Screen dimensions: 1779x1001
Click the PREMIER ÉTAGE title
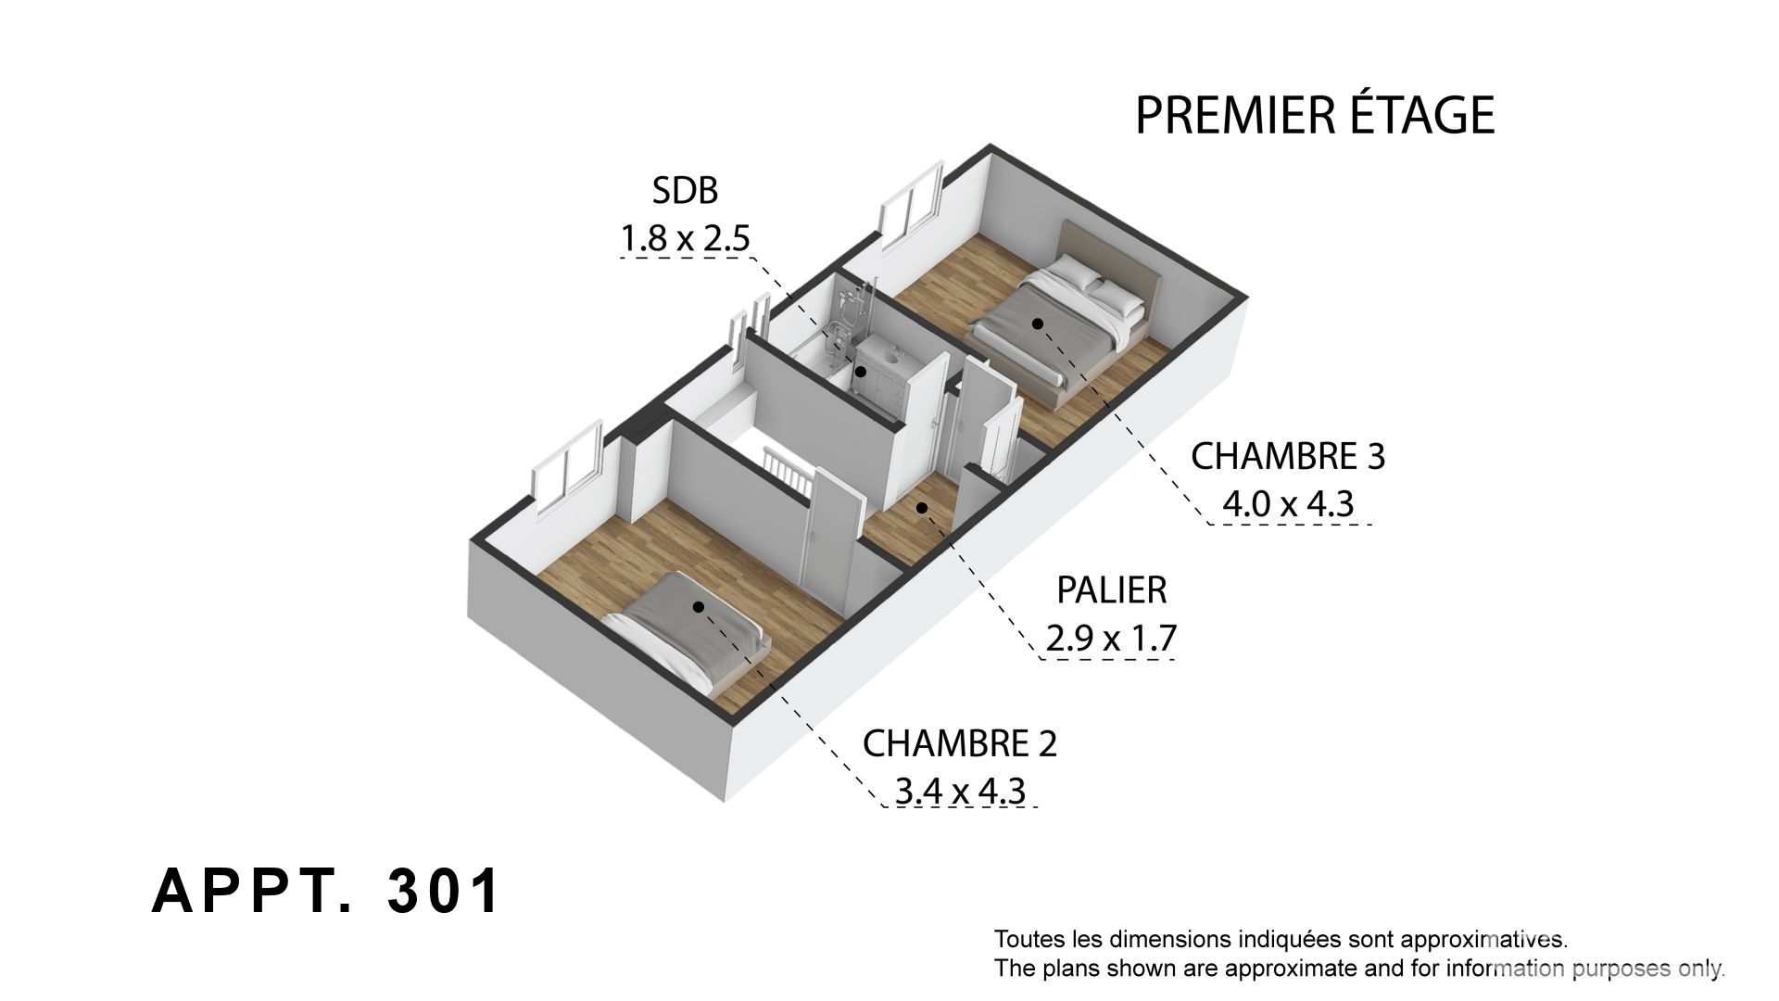pos(1315,115)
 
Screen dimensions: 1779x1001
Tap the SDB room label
pos(686,191)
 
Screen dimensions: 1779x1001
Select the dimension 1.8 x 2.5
pos(685,239)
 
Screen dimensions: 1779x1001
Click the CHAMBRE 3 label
pos(1288,456)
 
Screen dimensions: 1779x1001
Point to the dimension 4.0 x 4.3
pos(1288,504)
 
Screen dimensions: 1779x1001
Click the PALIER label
pos(1112,589)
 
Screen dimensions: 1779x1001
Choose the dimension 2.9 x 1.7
pos(1111,638)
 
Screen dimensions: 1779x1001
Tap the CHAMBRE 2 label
pos(960,743)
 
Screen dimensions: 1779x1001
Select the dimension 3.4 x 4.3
pos(960,792)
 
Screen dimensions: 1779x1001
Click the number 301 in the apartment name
pos(444,892)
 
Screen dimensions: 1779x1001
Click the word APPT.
pos(252,892)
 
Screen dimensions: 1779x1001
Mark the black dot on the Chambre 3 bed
pos(1038,323)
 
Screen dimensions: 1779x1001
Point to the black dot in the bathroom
pos(861,372)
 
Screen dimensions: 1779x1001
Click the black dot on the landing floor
pos(922,507)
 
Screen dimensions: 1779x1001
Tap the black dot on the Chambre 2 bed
pos(698,607)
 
